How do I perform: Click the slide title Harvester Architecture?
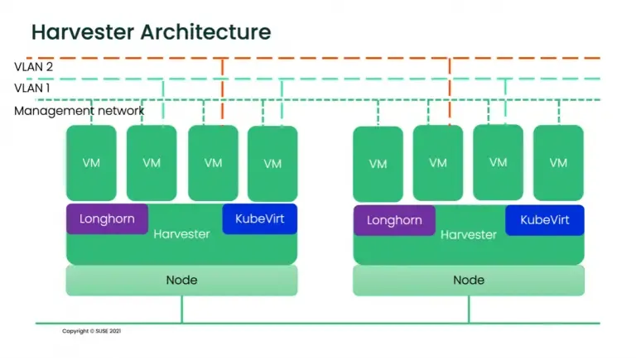[x=151, y=32]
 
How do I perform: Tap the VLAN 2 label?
[x=33, y=67]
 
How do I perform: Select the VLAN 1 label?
[x=32, y=88]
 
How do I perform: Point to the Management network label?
[x=79, y=110]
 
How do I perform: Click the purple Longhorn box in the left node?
[x=107, y=219]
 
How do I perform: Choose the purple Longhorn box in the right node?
[x=394, y=220]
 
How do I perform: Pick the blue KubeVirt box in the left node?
[x=259, y=219]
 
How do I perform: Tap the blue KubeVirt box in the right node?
[x=544, y=220]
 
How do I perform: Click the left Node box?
[x=181, y=280]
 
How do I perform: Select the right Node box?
[x=468, y=280]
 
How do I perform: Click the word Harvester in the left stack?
[x=181, y=234]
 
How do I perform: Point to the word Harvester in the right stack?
[x=468, y=235]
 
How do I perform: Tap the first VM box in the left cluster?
[x=92, y=163]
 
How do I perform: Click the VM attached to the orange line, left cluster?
[x=213, y=163]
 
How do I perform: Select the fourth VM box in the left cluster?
[x=272, y=163]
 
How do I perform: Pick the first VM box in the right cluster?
[x=378, y=164]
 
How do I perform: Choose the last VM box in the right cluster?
[x=558, y=163]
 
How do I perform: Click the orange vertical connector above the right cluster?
[x=449, y=91]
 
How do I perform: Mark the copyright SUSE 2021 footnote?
[x=91, y=331]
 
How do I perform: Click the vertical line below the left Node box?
[x=181, y=309]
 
